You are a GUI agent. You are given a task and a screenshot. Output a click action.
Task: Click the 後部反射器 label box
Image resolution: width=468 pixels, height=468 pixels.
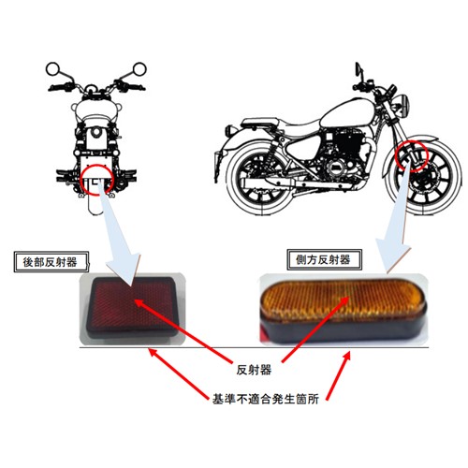pyautogui.click(x=51, y=261)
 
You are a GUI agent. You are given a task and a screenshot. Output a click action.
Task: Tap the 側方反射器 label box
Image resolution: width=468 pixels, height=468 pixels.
pyautogui.click(x=324, y=259)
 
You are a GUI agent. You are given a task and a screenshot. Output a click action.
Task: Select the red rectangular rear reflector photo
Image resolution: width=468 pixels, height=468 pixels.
pyautogui.click(x=133, y=307)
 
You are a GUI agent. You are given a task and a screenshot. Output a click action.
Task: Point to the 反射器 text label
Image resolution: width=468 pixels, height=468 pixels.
pyautogui.click(x=254, y=370)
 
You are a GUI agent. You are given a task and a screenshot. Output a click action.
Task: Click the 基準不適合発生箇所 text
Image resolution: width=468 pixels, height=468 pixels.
pyautogui.click(x=266, y=399)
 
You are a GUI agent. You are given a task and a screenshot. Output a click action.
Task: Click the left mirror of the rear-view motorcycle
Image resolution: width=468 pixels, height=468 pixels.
pyautogui.click(x=52, y=69)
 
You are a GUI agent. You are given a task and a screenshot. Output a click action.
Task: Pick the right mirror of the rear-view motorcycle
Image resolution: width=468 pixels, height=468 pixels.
pyautogui.click(x=139, y=69)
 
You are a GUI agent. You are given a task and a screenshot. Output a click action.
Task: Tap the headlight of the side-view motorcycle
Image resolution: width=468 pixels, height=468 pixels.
pyautogui.click(x=403, y=105)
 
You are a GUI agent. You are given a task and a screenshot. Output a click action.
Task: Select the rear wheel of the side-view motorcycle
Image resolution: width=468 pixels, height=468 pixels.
pyautogui.click(x=261, y=181)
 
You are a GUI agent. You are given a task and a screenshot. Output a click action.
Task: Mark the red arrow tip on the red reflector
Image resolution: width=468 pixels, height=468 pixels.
pyautogui.click(x=135, y=300)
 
